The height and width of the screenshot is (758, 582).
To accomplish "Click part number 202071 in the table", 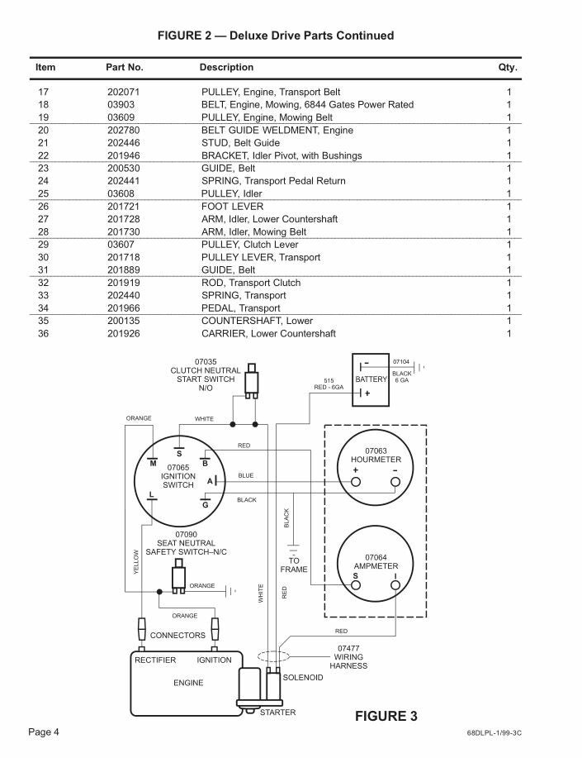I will [125, 92].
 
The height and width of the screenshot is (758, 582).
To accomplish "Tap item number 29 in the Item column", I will [44, 244].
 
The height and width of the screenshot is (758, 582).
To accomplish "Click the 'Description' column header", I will [226, 67].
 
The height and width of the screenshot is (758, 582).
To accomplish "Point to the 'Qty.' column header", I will [508, 67].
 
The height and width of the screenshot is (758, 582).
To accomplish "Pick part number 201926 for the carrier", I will [125, 333].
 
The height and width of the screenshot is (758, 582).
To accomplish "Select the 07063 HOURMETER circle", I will [376, 465].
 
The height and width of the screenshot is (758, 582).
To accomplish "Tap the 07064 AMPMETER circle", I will [376, 563].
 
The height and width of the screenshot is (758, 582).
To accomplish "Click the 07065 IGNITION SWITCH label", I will [178, 477].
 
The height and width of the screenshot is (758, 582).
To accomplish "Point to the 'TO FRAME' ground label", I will [293, 565].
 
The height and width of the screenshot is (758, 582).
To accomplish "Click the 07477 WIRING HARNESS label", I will [348, 657].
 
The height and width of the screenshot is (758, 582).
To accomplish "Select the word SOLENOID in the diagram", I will [303, 677].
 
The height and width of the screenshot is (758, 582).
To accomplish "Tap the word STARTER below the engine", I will [277, 712].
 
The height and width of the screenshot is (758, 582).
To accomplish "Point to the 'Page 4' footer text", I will [44, 732].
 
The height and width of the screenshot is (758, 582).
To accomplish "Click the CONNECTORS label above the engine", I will [177, 636].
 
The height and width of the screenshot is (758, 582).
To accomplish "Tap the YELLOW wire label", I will [136, 561].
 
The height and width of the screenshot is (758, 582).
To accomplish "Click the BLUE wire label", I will [246, 475].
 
